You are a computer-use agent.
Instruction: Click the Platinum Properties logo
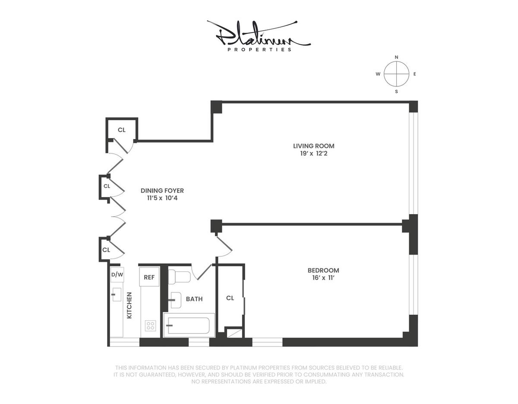259,36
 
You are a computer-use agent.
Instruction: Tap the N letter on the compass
396,57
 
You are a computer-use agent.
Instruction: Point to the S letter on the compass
396,92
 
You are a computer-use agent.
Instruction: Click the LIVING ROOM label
314,146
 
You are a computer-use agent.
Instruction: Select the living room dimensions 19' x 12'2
314,154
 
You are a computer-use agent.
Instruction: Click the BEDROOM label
323,270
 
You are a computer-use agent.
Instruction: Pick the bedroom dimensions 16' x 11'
323,278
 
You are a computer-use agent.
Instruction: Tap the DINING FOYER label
162,191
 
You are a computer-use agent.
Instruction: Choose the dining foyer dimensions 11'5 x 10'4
162,198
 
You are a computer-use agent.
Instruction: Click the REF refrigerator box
149,277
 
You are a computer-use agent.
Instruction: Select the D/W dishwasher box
117,275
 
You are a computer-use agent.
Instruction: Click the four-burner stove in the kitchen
150,325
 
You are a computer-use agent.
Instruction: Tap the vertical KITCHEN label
129,305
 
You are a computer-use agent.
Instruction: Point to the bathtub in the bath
189,325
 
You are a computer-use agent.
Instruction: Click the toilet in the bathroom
179,277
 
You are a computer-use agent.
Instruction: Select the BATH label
194,299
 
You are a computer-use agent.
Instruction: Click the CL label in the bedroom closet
230,298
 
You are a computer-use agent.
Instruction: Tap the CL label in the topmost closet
122,130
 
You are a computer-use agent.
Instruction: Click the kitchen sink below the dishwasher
117,294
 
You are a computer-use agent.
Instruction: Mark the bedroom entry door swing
224,246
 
